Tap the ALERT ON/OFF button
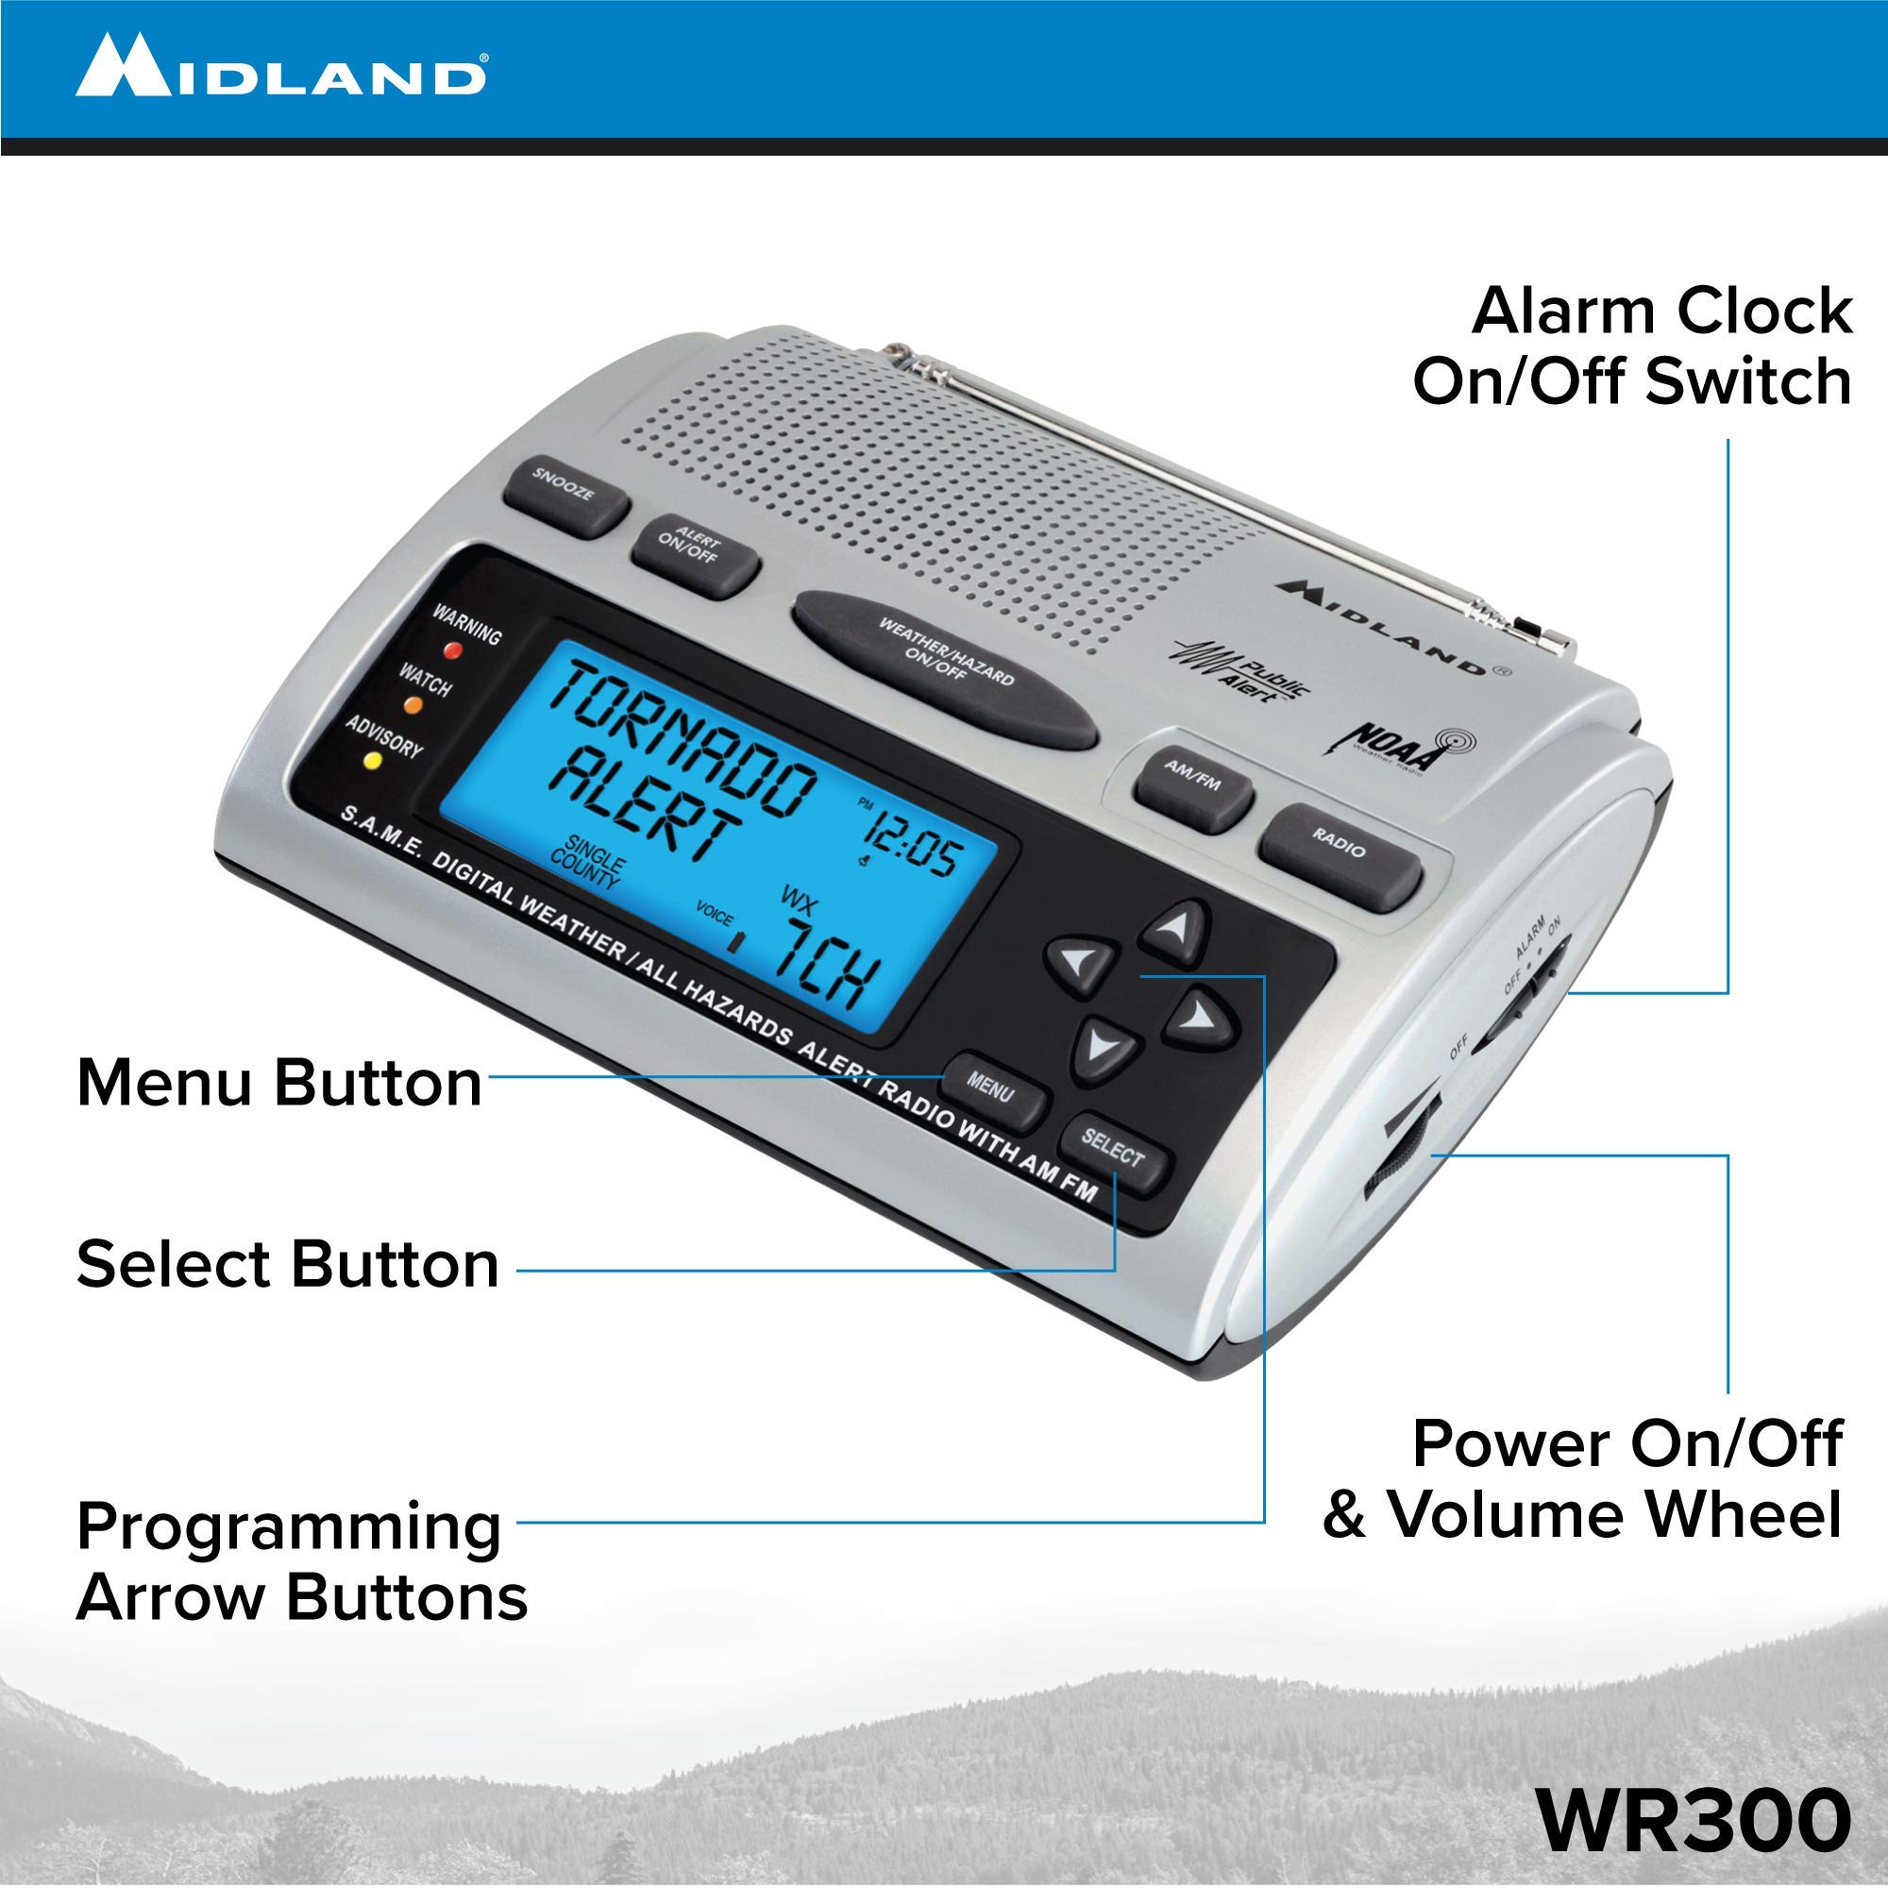point(695,555)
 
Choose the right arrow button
point(1200,1017)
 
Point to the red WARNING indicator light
point(452,649)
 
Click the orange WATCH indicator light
point(412,703)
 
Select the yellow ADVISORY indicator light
point(371,759)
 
